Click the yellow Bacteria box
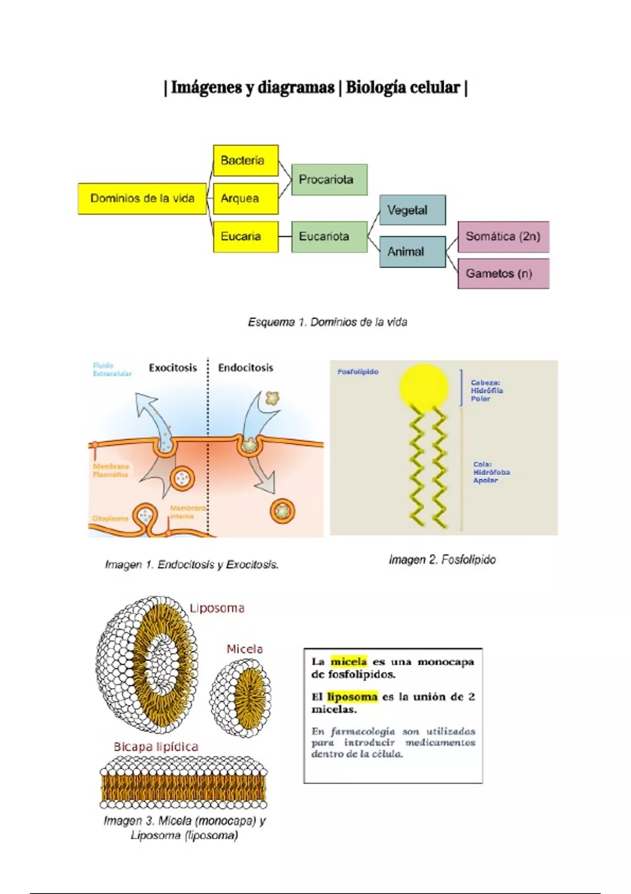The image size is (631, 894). pos(246,160)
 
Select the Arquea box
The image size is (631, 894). pos(246,198)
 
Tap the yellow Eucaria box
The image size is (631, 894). pos(246,237)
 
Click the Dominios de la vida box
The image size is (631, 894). pos(142,198)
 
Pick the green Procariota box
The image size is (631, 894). pos(329,179)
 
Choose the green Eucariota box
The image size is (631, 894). pos(329,237)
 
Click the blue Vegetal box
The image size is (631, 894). pos(412,210)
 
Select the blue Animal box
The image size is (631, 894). pos(412,251)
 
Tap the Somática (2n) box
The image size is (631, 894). pos(503,237)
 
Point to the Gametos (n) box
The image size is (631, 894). pos(503,273)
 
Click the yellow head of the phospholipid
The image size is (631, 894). pos(424,387)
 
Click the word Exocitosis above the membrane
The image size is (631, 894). pos(172,368)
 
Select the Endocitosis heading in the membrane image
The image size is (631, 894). pos(246,368)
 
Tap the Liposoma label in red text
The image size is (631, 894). pos(217,608)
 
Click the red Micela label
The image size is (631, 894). pos(245,649)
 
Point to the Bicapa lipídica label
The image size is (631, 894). pos(156,747)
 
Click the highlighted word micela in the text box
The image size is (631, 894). pos(348,662)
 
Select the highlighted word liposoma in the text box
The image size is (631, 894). pos(352,697)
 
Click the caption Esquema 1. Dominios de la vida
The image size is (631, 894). pos(327,322)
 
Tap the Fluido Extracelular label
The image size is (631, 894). pos(111,370)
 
